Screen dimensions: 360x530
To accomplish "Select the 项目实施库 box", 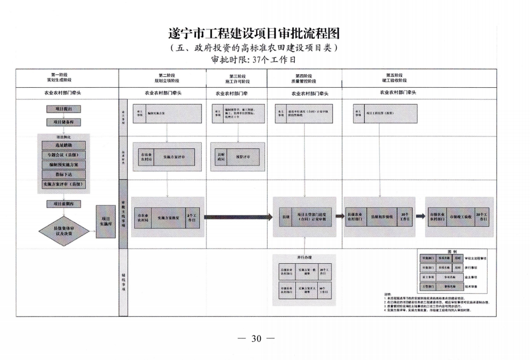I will [106, 221].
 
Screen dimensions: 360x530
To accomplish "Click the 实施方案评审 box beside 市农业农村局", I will [176, 156].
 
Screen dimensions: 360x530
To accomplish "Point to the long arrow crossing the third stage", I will [238, 217].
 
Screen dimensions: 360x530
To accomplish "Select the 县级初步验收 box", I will [382, 216].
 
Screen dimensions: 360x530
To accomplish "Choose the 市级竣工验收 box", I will [460, 216].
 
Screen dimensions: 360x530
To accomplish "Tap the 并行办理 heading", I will [304, 258].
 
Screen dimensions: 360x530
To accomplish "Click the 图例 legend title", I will [452, 251].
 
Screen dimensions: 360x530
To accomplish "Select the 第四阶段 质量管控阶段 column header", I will [304, 78].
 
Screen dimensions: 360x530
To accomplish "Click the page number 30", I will [256, 338].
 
